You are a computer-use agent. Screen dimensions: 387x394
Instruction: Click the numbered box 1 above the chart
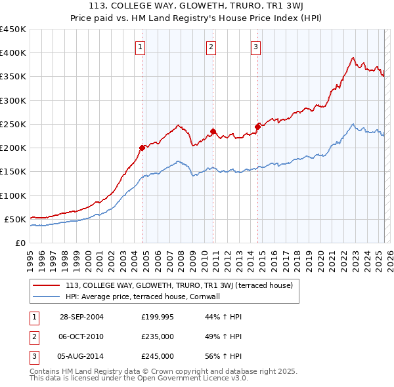point(141,47)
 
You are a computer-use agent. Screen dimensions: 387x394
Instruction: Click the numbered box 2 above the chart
point(211,47)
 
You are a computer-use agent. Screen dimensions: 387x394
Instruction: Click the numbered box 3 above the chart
point(255,47)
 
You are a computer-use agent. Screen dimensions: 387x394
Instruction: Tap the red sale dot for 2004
point(142,148)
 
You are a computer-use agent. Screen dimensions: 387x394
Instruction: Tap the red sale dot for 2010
point(213,131)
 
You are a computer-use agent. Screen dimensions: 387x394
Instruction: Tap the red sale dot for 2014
point(257,127)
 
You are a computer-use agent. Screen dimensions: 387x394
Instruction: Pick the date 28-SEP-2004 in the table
point(81,317)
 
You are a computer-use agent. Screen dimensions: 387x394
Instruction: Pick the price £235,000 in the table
point(158,336)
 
